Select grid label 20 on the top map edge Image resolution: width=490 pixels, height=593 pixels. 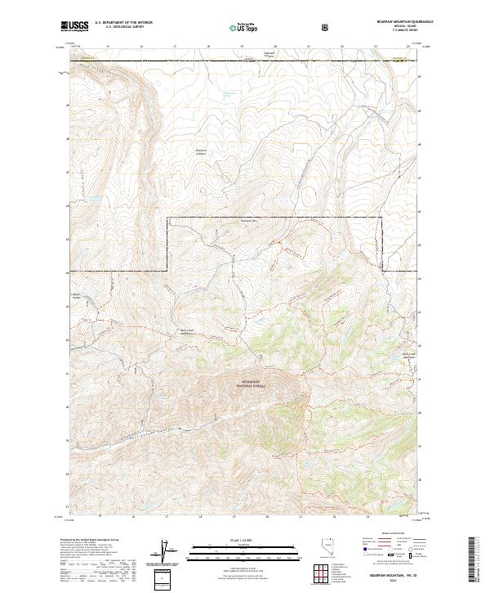pyautogui.click(x=275, y=47)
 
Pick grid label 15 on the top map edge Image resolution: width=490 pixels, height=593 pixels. pyautogui.click(x=109, y=47)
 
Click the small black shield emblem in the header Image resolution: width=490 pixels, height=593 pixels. pyautogui.click(x=326, y=27)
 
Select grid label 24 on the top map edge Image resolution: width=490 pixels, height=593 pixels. pyautogui.click(x=408, y=47)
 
